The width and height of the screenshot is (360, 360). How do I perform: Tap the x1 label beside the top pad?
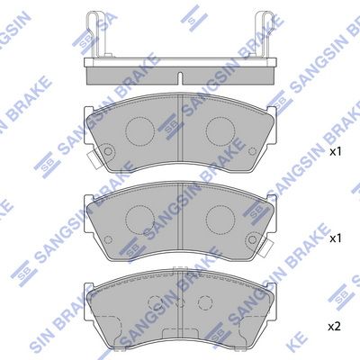[x=336, y=153]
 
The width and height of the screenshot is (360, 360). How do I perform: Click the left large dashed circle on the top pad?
[x=139, y=133]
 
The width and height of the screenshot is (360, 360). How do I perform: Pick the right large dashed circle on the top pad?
[x=220, y=133]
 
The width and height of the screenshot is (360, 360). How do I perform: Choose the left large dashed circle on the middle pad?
[x=139, y=217]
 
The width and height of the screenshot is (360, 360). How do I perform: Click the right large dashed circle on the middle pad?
[x=220, y=217]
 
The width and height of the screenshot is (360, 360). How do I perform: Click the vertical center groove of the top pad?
[x=181, y=135]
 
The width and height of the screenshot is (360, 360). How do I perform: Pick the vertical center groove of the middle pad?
[x=181, y=219]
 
